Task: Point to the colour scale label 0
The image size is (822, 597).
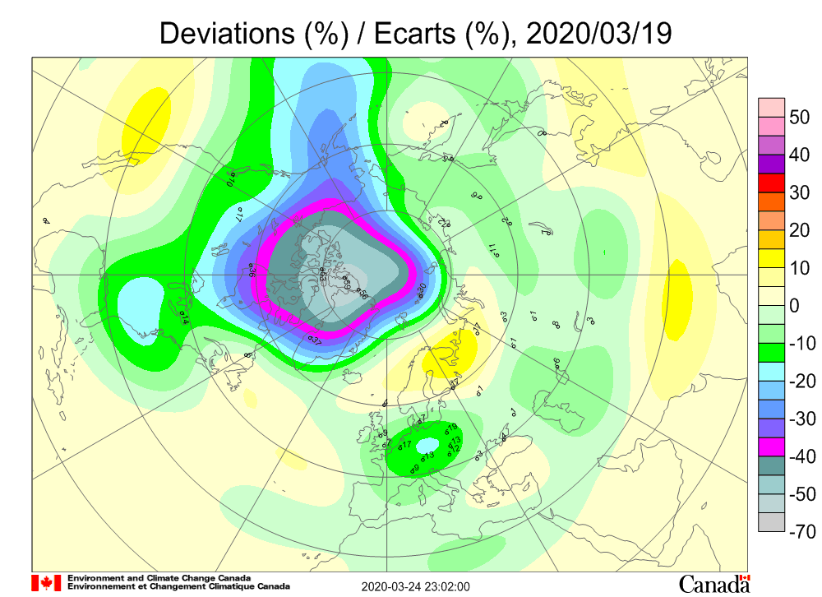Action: click(x=795, y=306)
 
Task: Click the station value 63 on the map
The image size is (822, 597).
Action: click(x=323, y=275)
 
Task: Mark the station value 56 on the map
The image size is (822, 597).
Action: click(x=363, y=294)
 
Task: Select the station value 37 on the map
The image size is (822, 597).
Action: click(x=315, y=338)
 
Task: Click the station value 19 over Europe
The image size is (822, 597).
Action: click(x=451, y=428)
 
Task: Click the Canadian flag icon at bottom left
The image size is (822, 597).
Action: click(x=46, y=582)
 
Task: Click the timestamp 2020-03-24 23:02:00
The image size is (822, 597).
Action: click(x=416, y=586)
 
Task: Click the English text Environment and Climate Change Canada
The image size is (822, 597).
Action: click(x=159, y=578)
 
